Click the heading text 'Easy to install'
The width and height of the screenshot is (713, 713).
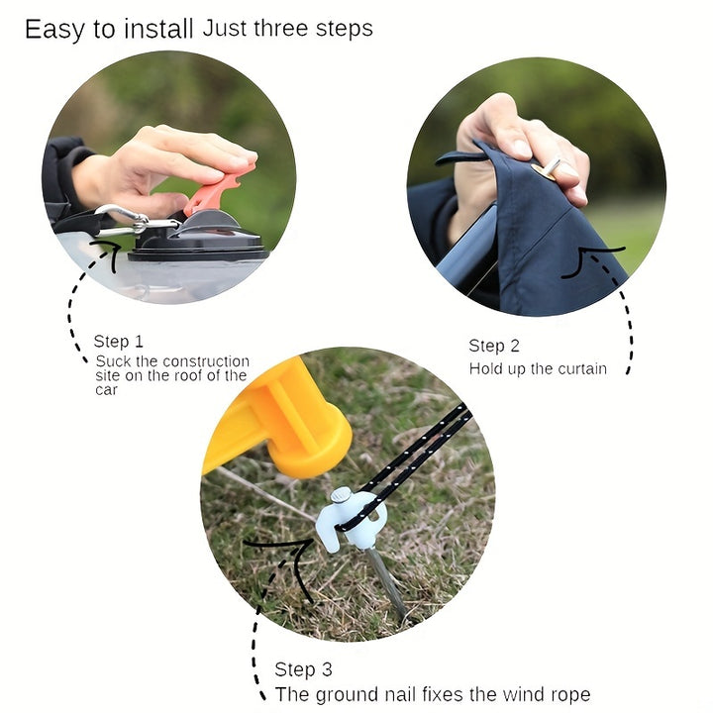109,30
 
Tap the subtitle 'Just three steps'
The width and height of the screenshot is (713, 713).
288,28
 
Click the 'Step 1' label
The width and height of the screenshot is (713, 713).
118,341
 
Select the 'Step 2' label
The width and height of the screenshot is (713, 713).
494,346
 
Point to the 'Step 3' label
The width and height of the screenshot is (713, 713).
303,669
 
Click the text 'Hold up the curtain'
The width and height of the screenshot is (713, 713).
538,368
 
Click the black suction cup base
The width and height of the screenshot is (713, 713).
199,241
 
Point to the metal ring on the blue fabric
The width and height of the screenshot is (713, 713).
547,168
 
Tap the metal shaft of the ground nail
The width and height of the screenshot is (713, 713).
386,583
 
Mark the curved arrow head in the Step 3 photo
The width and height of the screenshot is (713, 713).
295,560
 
